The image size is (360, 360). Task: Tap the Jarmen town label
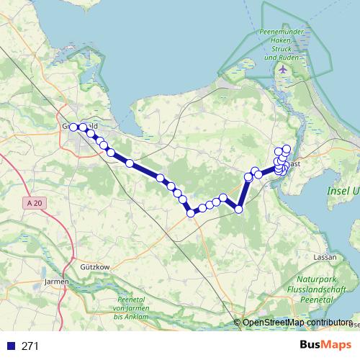click(x=55, y=281)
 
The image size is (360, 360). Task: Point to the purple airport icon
click(x=282, y=69)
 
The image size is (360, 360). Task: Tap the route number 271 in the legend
click(x=30, y=346)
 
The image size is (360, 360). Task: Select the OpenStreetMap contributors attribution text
click(x=297, y=322)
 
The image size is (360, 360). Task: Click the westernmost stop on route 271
click(x=73, y=127)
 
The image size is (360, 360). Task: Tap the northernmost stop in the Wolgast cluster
click(x=287, y=149)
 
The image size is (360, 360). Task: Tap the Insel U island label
click(x=343, y=191)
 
